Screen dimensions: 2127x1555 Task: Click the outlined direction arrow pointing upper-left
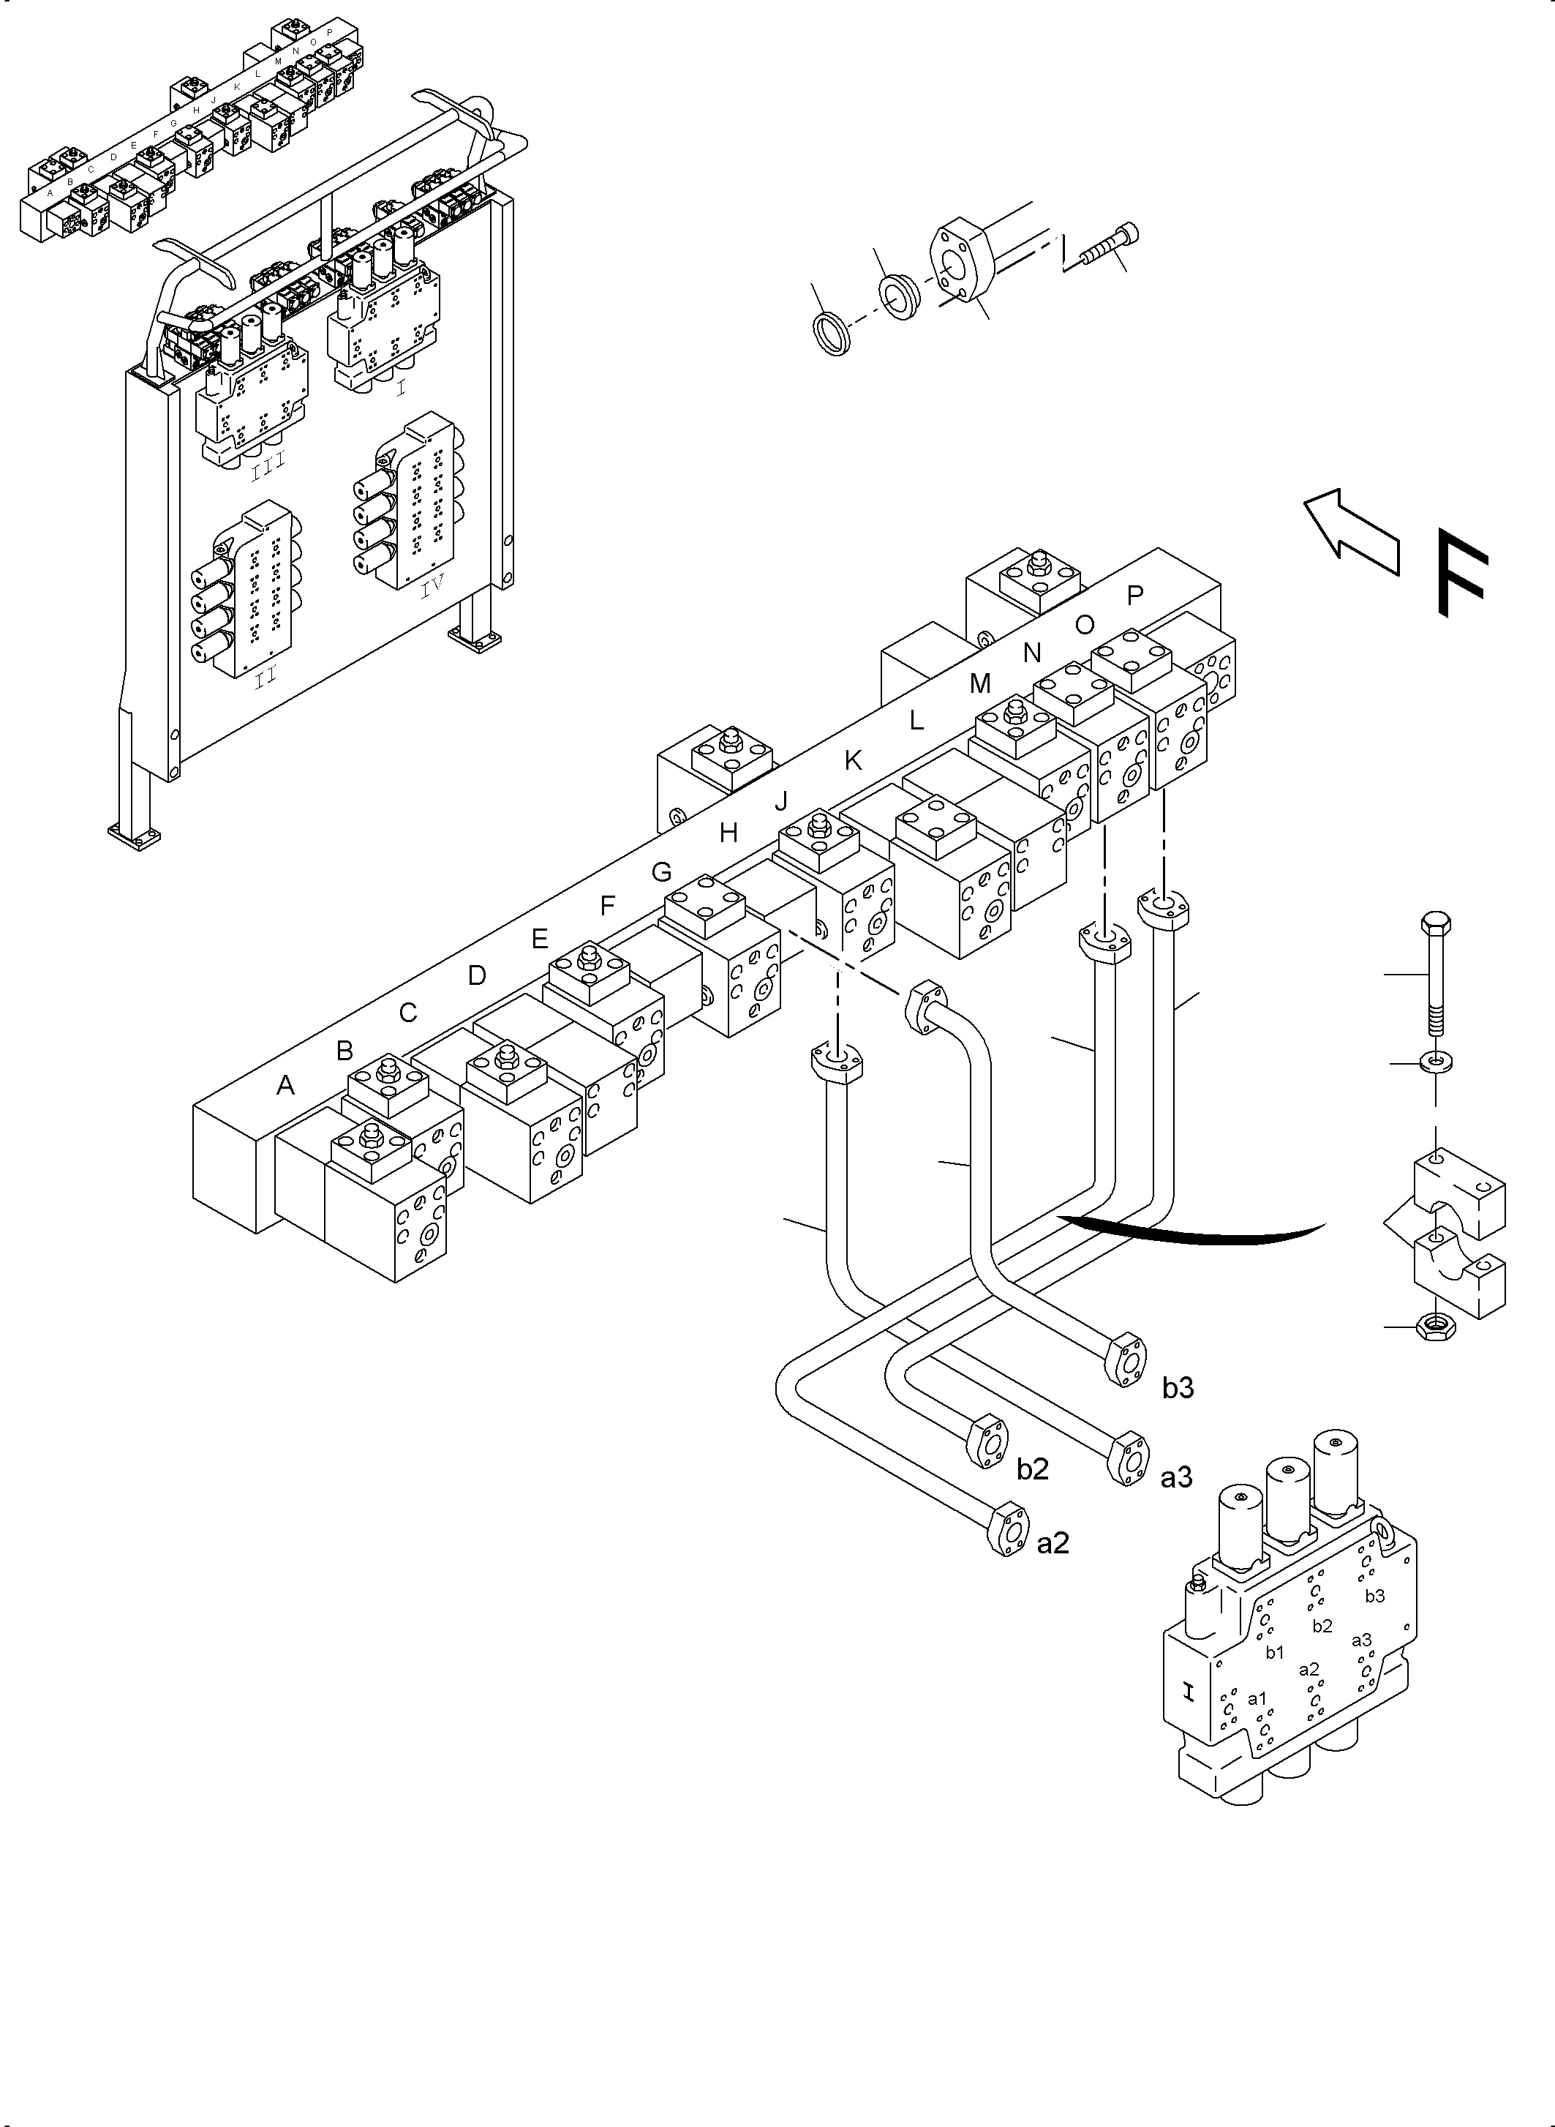pos(1352,532)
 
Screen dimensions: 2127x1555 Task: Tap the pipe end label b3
pos(1178,1388)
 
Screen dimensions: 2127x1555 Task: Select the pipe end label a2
pos(1053,1543)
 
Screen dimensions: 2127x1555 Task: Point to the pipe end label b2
pos(1033,1468)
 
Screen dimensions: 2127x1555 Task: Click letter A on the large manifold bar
pos(285,1086)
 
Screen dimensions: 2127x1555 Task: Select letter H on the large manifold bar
pos(728,833)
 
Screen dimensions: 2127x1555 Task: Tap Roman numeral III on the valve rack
pos(268,467)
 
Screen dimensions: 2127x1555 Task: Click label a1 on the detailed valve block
pos(1257,1698)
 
